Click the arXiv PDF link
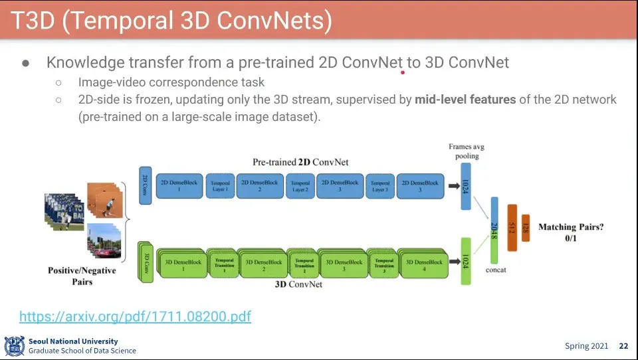point(135,316)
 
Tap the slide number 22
point(623,346)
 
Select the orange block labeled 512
point(512,227)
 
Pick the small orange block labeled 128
point(526,228)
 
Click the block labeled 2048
point(494,230)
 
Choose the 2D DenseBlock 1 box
point(179,185)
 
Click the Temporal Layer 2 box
point(300,186)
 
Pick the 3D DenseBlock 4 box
point(423,264)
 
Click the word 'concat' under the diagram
point(496,270)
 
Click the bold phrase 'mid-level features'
point(465,100)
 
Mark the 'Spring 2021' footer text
point(585,346)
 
